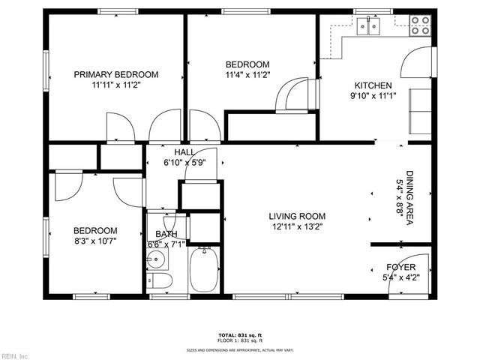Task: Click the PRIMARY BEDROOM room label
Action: click(x=116, y=74)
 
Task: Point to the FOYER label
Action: click(x=402, y=266)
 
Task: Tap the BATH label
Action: click(x=166, y=235)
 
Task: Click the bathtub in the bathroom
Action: click(x=204, y=271)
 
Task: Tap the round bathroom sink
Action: click(x=157, y=259)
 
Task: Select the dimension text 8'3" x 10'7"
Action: click(x=95, y=241)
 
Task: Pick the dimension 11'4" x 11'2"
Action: click(x=247, y=75)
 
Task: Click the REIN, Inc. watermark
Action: click(x=15, y=355)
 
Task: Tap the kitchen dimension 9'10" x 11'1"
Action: click(x=373, y=95)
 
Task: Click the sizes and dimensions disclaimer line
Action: click(x=240, y=349)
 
